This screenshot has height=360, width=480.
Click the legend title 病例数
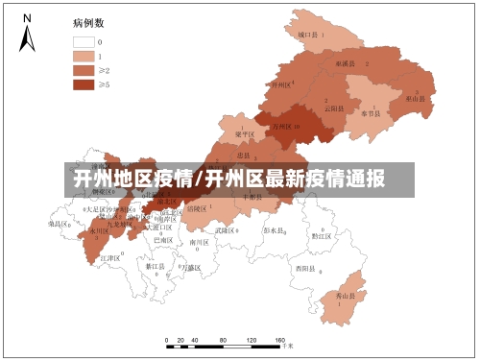(86, 21)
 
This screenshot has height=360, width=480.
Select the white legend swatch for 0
(83, 42)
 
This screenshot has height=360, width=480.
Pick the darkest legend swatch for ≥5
(83, 84)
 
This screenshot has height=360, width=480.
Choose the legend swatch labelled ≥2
(83, 70)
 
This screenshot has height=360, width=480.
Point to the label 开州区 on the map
(281, 84)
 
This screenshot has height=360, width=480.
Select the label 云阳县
(333, 108)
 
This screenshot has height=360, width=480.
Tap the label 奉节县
(372, 112)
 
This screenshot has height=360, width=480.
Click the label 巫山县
(415, 98)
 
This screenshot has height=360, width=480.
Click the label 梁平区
(244, 134)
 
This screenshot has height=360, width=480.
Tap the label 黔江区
(321, 234)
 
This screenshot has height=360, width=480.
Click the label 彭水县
(275, 230)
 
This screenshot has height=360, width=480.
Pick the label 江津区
(109, 258)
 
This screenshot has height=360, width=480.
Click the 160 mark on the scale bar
(280, 341)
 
